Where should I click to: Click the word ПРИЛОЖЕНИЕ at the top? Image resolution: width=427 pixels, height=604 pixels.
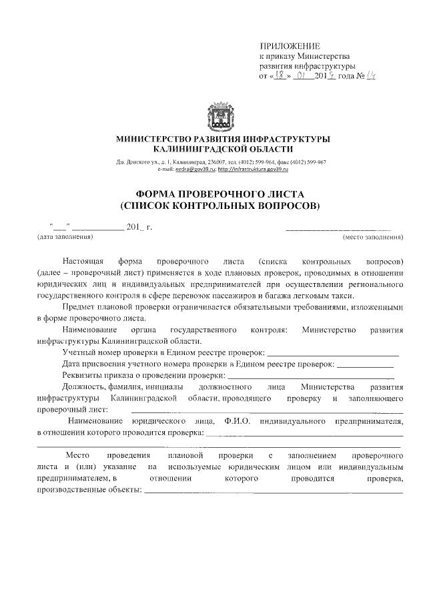coord(290,46)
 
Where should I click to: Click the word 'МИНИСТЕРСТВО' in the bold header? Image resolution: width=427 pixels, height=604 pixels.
coord(146,138)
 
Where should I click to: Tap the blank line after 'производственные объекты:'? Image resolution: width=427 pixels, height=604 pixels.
coord(274,493)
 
